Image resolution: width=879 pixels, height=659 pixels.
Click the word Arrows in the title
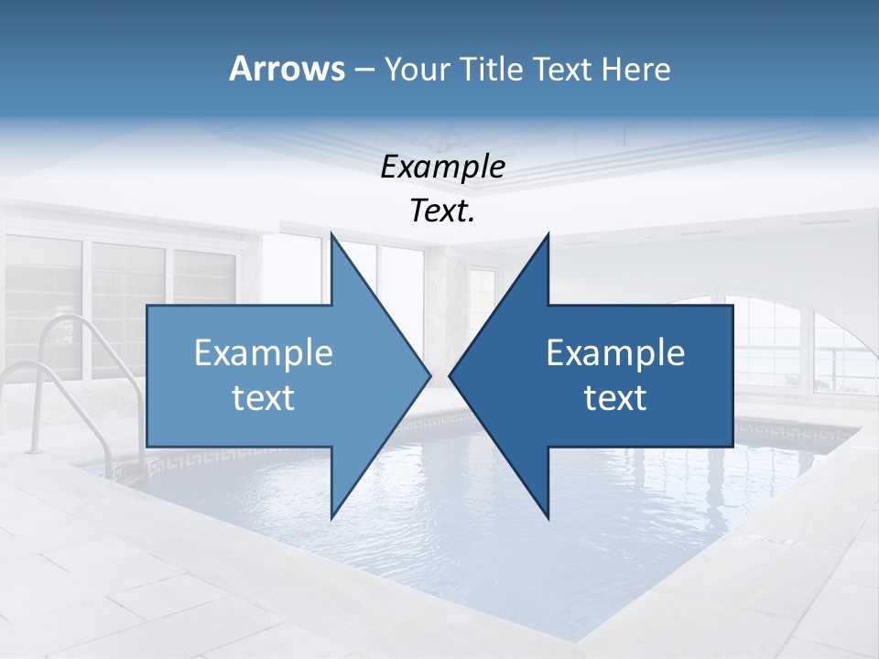click(x=287, y=69)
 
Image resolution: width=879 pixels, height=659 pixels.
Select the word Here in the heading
click(x=636, y=69)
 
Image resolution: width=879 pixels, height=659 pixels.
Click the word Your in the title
click(x=417, y=69)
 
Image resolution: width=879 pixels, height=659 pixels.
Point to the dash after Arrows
click(x=364, y=70)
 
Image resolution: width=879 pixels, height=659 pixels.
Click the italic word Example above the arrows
click(x=442, y=167)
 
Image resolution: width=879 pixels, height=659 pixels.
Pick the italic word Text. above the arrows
click(x=442, y=211)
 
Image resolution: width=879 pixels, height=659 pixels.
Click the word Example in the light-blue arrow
click(x=264, y=352)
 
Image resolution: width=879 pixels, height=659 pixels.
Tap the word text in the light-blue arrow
click(x=264, y=397)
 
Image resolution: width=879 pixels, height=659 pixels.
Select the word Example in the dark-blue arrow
click(x=615, y=352)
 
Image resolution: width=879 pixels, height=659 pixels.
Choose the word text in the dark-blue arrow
click(x=615, y=397)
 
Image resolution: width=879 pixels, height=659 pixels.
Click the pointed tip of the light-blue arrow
click(x=430, y=375)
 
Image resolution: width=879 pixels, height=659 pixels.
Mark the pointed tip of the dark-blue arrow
click(x=450, y=375)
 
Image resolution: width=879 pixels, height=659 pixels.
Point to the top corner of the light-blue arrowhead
click(x=331, y=234)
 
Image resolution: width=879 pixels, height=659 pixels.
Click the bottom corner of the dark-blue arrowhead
click(x=548, y=517)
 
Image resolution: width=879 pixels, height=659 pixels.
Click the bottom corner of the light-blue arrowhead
click(x=331, y=517)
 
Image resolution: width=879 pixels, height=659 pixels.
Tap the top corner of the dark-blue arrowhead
click(x=548, y=234)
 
